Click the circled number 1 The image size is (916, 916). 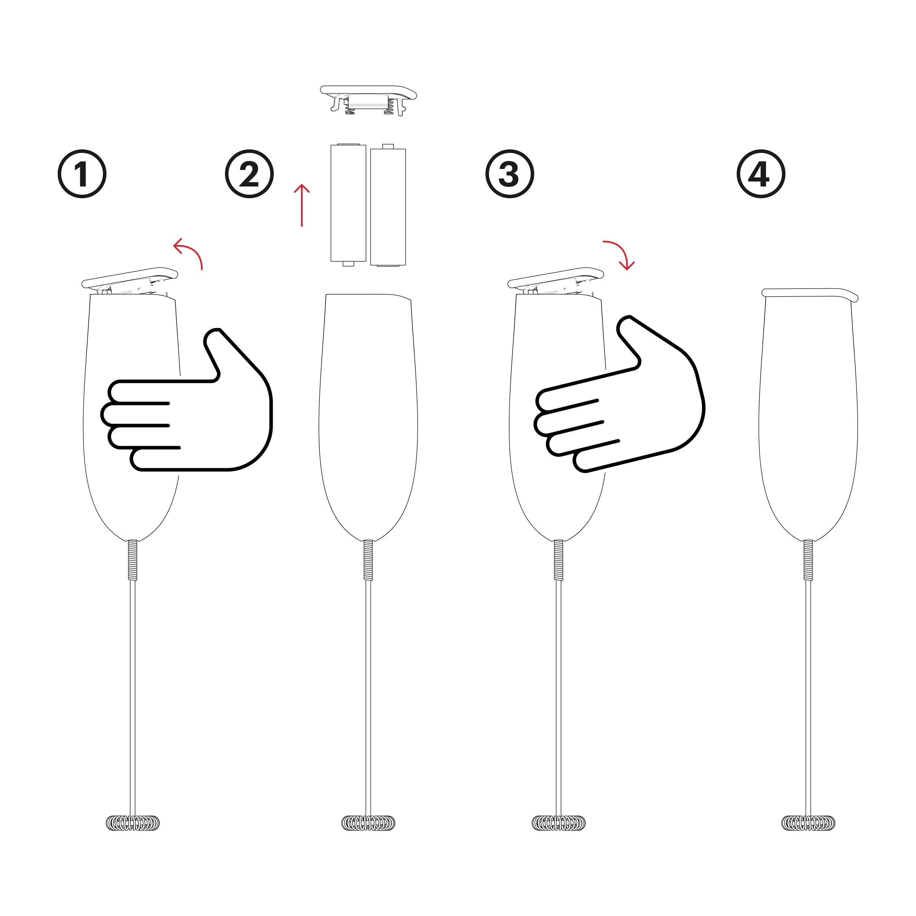coord(82,174)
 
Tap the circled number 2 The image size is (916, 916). coord(249,174)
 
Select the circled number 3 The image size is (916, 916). coord(510,174)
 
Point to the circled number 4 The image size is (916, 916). coord(761,174)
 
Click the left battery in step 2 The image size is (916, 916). coord(348,204)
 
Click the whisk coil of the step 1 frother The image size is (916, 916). coord(133,822)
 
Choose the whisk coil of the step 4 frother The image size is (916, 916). coord(808,822)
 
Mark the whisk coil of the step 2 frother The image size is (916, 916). coord(368,822)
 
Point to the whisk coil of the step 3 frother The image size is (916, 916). coord(558,822)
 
